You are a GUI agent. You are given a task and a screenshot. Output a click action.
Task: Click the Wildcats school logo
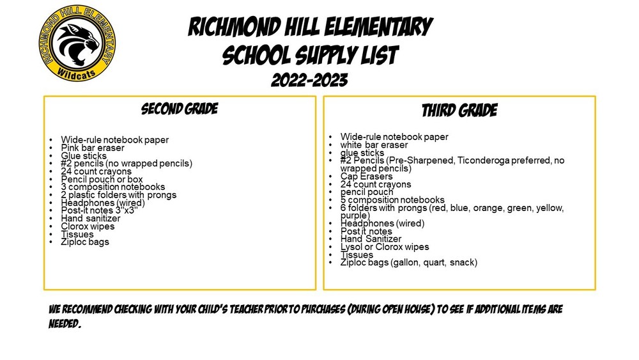tap(77, 43)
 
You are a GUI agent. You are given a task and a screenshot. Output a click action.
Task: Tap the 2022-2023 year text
tap(309, 81)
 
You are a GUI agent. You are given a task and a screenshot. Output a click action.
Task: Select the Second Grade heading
tap(180, 109)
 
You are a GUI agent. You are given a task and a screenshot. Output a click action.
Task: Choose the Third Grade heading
tap(459, 111)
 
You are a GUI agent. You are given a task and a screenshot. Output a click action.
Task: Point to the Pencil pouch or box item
tap(102, 179)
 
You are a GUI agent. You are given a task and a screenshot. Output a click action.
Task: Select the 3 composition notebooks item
tap(112, 187)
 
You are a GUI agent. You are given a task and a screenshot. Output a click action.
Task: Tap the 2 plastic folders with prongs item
tap(118, 195)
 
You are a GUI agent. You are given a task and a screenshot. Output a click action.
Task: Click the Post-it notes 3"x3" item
tap(99, 211)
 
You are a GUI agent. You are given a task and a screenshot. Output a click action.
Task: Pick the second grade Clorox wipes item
tap(88, 226)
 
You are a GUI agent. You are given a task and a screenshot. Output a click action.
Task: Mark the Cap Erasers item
tap(367, 176)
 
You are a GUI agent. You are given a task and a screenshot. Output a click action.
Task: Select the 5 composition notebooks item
tap(392, 200)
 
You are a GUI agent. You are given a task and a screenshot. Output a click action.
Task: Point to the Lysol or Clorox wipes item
tap(385, 247)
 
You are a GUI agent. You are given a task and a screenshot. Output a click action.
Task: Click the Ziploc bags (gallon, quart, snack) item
tap(408, 262)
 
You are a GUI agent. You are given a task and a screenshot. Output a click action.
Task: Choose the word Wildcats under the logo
tap(76, 73)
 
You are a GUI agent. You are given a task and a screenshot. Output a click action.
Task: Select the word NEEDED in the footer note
tap(64, 323)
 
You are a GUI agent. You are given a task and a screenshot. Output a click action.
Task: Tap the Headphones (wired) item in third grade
tap(382, 224)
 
